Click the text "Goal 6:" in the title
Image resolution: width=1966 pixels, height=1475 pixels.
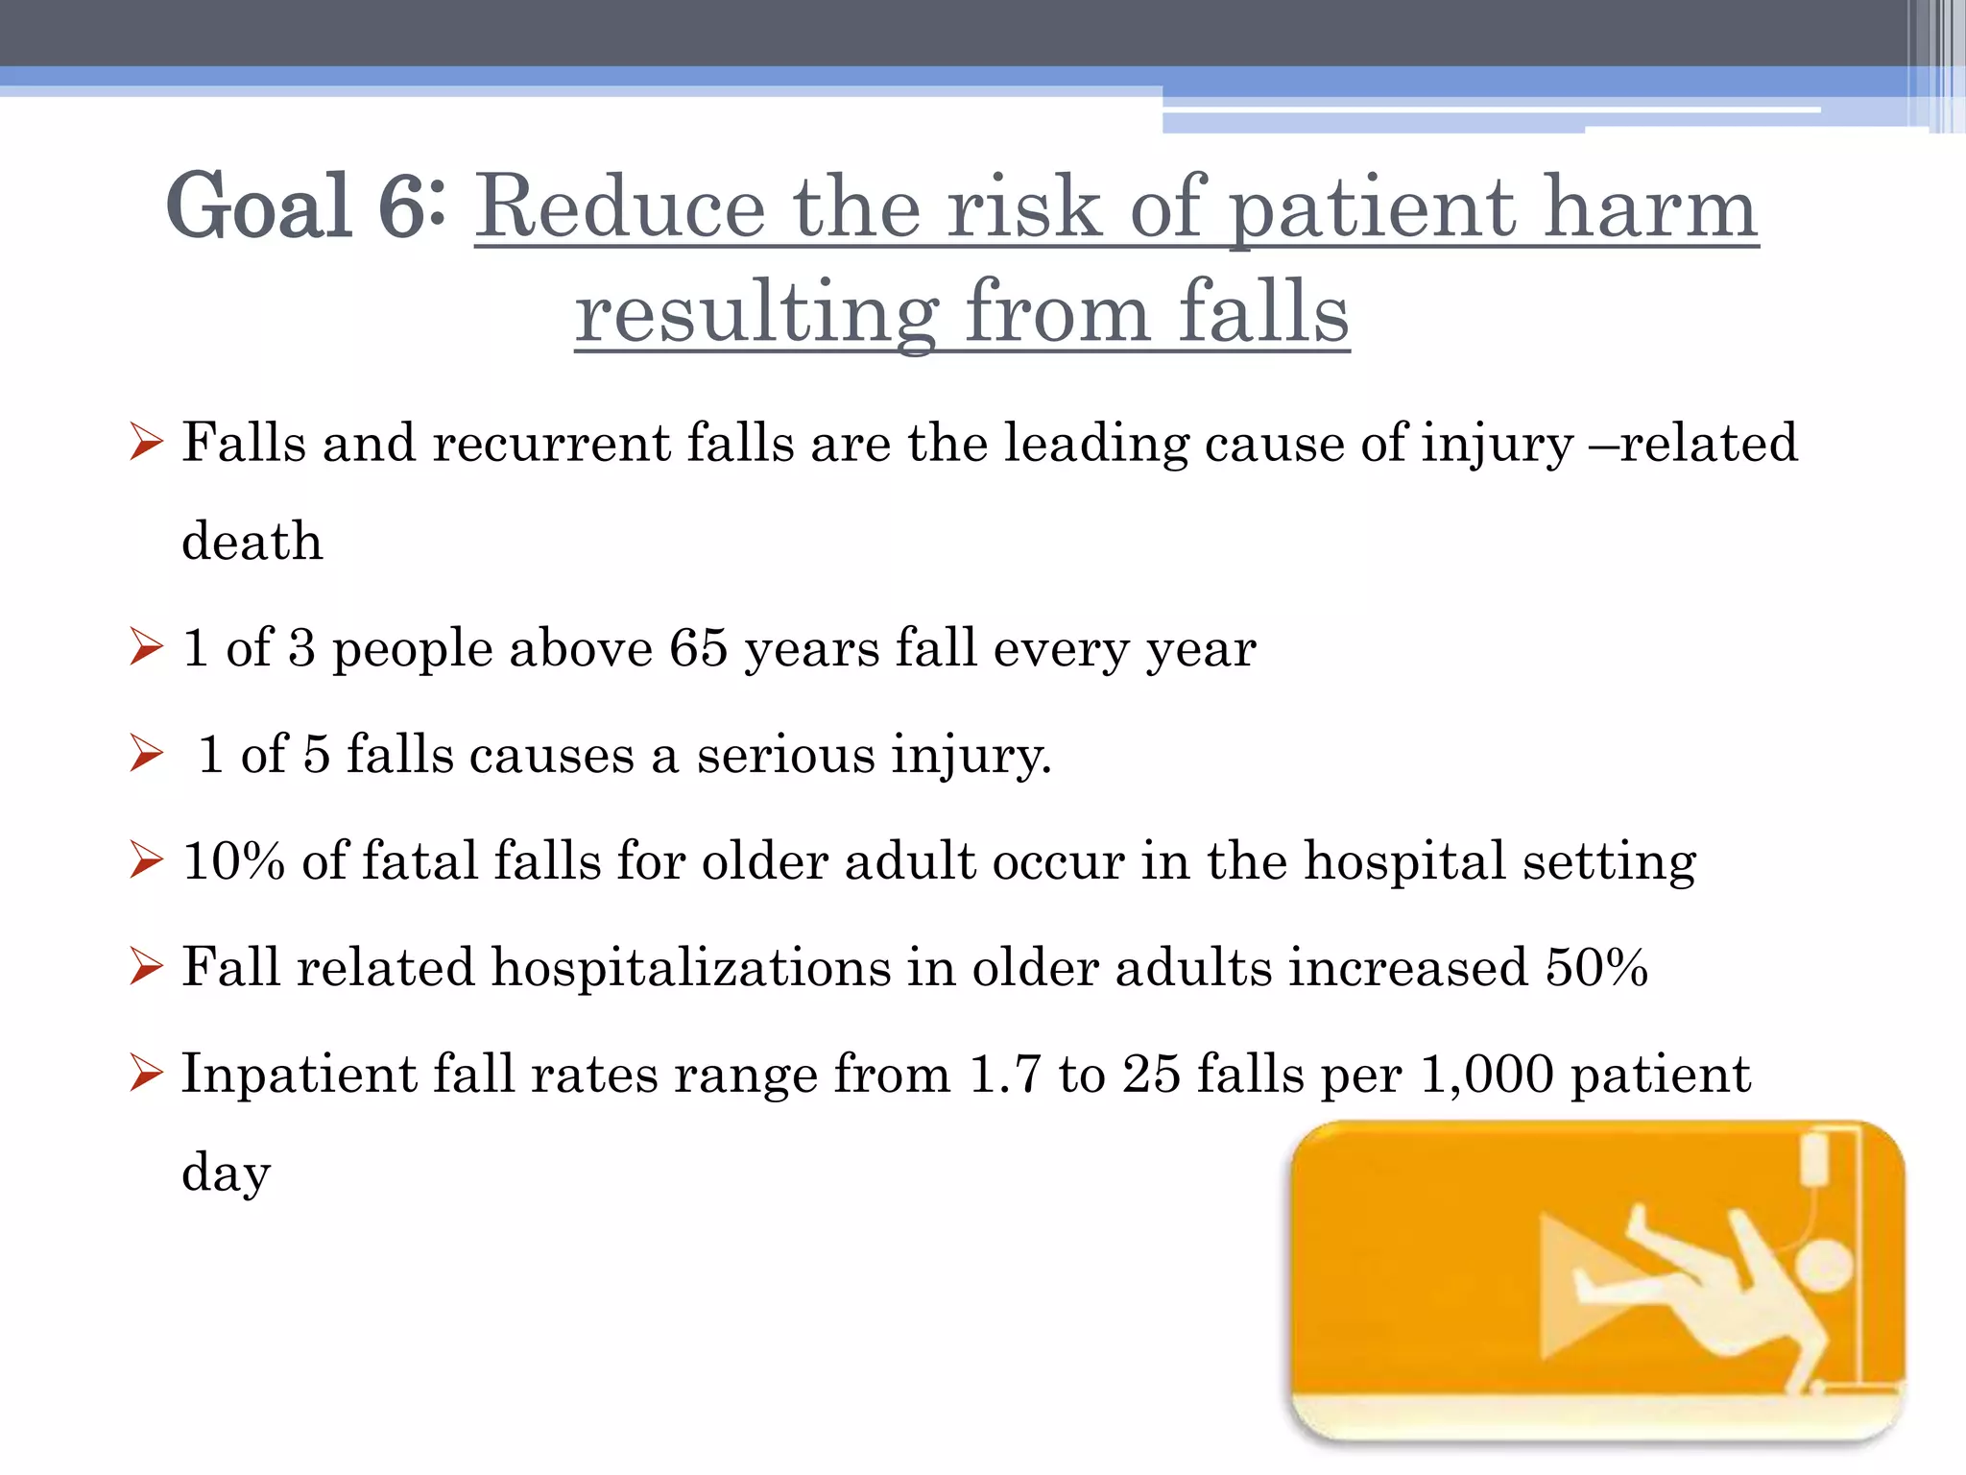305,206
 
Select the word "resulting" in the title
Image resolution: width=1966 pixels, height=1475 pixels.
755,312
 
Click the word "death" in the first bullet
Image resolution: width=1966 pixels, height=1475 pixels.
252,541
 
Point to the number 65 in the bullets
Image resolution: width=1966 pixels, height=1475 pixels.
698,647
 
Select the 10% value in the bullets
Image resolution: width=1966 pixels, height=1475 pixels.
233,860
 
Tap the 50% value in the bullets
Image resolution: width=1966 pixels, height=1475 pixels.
1596,967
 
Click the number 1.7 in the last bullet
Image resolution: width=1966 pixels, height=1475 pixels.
1005,1074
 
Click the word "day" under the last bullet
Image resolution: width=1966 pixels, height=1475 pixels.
227,1173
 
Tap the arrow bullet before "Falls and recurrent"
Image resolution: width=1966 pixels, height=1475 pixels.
146,444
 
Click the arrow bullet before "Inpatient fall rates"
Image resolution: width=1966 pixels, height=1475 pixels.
146,1074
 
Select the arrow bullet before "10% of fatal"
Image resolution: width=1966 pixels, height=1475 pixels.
146,860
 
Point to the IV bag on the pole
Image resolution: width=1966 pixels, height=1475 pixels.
1815,1158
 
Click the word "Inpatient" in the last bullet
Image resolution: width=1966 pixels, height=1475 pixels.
299,1074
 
